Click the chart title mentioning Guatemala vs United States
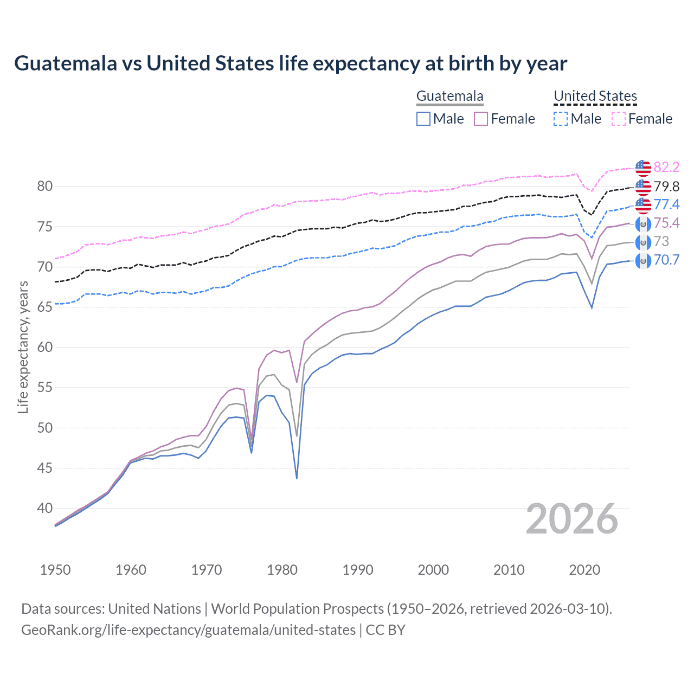pos(291,63)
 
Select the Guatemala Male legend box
pos(423,119)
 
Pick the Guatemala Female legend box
pos(481,119)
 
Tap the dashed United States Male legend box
pos(561,119)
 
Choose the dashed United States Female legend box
pos(619,119)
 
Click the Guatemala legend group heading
pos(449,97)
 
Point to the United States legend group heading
pos(595,97)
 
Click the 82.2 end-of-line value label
pos(666,167)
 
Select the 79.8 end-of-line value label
pos(666,187)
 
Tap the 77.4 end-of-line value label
pos(666,204)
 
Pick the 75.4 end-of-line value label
pos(666,223)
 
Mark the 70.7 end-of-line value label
pos(666,260)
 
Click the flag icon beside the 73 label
pos(643,242)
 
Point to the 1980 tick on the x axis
pos(282,570)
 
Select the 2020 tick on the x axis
pos(584,570)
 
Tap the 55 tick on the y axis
pos(45,388)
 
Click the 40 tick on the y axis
pos(45,509)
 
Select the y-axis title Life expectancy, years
pos(23,347)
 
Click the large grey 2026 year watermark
pos(571,519)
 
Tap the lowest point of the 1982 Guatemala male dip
pos(297,478)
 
